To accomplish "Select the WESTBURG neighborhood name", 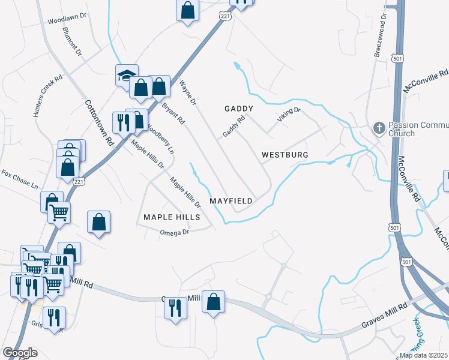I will tap(285, 155).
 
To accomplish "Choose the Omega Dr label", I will tap(174, 232).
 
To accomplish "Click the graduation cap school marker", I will tap(127, 75).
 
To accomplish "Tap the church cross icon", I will tap(378, 128).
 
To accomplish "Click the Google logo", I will tap(20, 353).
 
